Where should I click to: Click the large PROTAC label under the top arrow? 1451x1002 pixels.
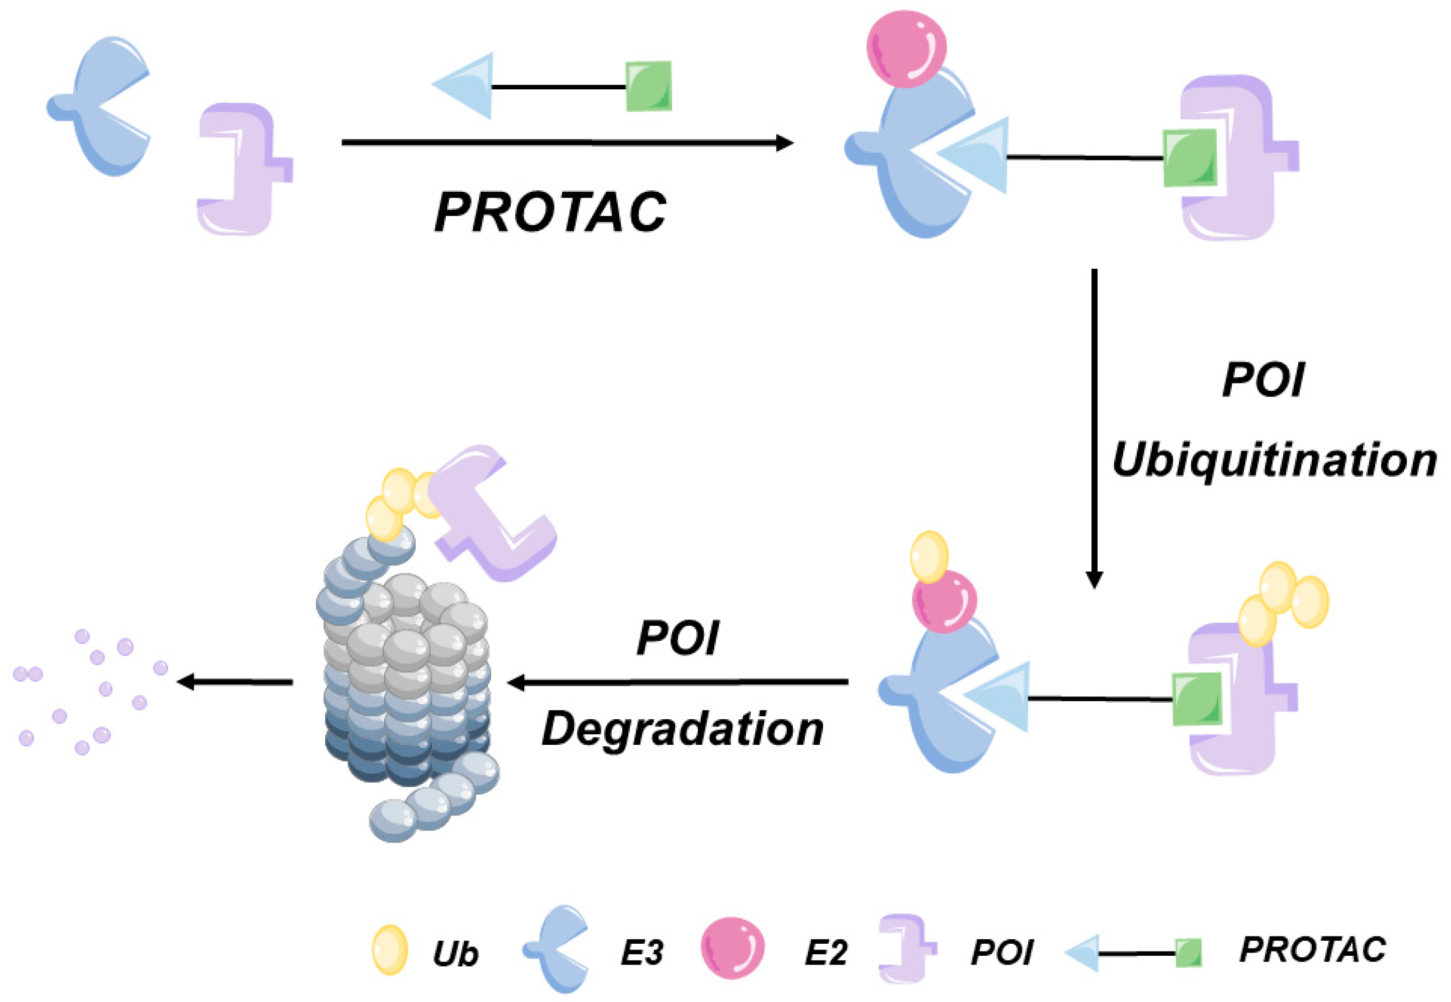point(550,212)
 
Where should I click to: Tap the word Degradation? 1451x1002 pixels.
point(682,730)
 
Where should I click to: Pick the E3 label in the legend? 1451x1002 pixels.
point(642,954)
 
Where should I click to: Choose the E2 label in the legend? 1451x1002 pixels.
point(826,954)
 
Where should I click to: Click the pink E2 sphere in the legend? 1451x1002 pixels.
point(733,948)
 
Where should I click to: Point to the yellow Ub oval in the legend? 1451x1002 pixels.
point(390,950)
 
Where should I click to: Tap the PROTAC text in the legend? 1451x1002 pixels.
point(1313,950)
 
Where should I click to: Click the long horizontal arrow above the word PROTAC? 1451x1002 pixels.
point(565,143)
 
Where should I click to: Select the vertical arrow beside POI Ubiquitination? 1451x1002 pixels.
point(1095,427)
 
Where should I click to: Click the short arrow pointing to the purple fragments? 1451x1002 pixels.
point(235,682)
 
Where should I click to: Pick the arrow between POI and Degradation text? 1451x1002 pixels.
point(678,682)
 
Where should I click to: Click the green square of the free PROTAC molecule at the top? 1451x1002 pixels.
point(649,86)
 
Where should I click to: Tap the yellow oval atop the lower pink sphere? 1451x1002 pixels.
point(929,557)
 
